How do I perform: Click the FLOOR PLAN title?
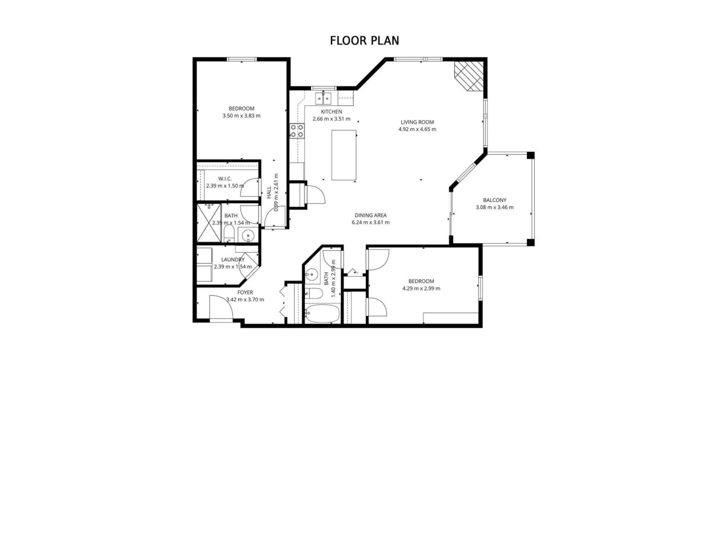(364, 41)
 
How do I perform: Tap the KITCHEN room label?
(331, 112)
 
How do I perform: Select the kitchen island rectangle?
(344, 155)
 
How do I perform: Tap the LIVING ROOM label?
(417, 122)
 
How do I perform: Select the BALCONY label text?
(495, 200)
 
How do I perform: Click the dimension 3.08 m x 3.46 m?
(495, 207)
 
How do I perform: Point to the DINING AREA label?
(371, 215)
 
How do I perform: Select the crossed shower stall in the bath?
(209, 223)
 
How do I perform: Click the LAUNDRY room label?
(233, 259)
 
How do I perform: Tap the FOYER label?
(245, 292)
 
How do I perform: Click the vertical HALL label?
(269, 192)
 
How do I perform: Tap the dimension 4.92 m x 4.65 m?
(417, 129)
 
